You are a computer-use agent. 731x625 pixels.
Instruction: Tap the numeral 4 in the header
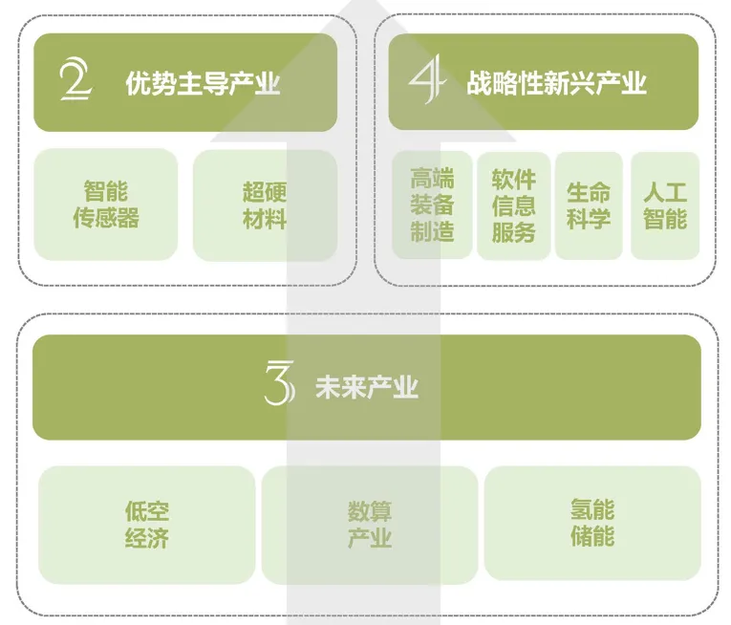pyautogui.click(x=427, y=82)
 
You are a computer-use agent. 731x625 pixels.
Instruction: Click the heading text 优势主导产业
pyautogui.click(x=203, y=84)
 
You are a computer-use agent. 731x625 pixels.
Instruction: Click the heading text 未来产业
pyautogui.click(x=367, y=387)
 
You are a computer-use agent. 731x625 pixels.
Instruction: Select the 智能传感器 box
pyautogui.click(x=106, y=205)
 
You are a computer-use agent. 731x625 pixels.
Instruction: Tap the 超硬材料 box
pyautogui.click(x=265, y=205)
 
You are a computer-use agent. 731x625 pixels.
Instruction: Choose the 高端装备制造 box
pyautogui.click(x=432, y=205)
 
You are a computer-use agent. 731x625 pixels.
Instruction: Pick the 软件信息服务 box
pyautogui.click(x=513, y=205)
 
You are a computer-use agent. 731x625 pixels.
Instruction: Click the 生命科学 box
pyautogui.click(x=588, y=205)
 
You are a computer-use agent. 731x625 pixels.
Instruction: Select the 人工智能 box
pyautogui.click(x=664, y=205)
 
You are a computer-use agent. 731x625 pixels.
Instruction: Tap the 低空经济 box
pyautogui.click(x=147, y=525)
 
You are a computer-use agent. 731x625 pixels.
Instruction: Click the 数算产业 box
pyautogui.click(x=370, y=525)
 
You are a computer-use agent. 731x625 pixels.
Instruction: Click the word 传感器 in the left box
pyautogui.click(x=106, y=218)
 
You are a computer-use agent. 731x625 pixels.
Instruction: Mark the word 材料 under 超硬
pyautogui.click(x=265, y=218)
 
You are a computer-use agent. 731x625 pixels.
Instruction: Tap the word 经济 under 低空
pyautogui.click(x=147, y=538)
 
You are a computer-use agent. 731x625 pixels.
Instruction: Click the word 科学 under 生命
pyautogui.click(x=588, y=219)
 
